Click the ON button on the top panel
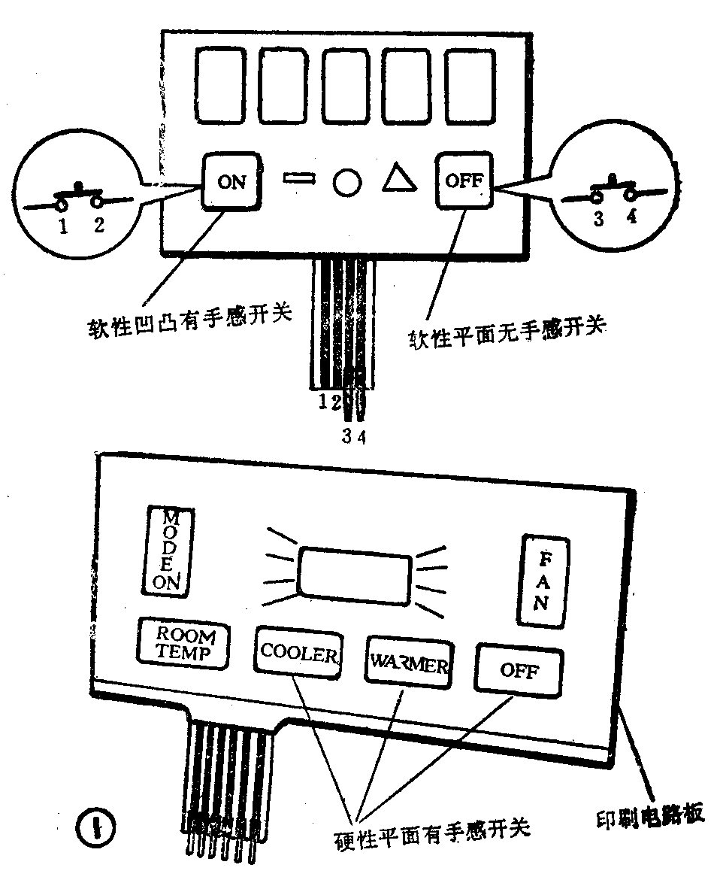[232, 181]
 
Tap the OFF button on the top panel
[464, 181]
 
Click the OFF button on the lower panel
[519, 670]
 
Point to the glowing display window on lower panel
[355, 575]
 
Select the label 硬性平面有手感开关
[431, 829]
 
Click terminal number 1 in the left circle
[64, 226]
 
